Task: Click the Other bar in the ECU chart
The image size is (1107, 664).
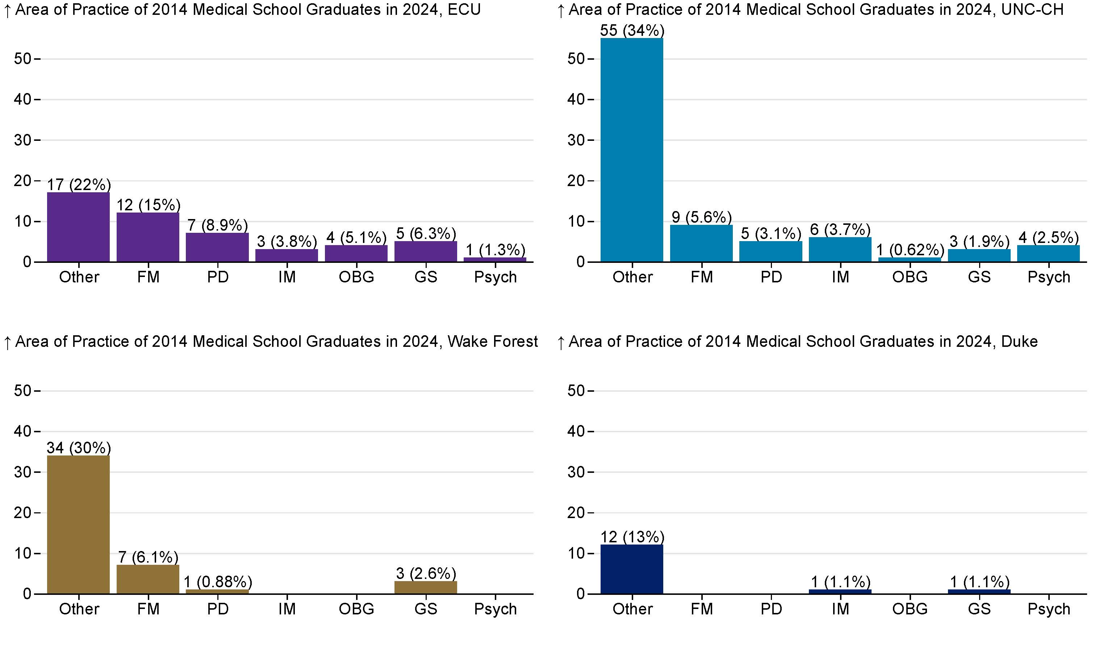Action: pos(78,227)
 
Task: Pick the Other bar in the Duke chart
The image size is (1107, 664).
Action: pos(632,569)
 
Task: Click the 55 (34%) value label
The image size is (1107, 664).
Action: pos(632,30)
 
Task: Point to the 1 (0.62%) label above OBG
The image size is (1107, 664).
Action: pos(910,250)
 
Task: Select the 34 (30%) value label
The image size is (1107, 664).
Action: pos(79,447)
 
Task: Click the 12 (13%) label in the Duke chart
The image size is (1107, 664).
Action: pos(632,537)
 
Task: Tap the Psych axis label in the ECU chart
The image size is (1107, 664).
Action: pos(495,277)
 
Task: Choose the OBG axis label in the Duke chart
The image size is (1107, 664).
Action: pos(910,609)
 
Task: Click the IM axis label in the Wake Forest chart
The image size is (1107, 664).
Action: pos(287,609)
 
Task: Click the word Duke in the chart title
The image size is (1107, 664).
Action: pos(1019,341)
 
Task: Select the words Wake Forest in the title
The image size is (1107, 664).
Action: pos(492,341)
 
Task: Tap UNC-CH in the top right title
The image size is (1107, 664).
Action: pos(1032,9)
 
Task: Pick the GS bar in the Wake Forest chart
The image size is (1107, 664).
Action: pos(426,588)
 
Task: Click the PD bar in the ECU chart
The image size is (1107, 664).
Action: pos(217,247)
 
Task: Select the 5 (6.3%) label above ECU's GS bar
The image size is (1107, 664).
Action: pos(426,233)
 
